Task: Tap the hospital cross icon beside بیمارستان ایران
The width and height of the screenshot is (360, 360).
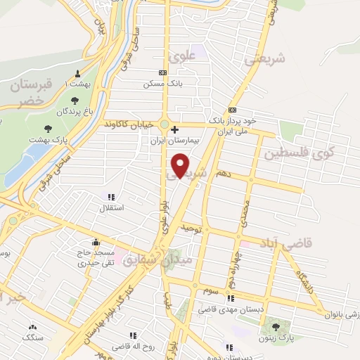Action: click(174, 130)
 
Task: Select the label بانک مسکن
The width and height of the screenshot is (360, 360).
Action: click(158, 83)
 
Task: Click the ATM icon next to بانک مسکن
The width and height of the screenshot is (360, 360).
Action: click(163, 72)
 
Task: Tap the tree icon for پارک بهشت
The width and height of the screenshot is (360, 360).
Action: click(49, 129)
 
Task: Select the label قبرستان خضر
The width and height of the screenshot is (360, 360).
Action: click(27, 93)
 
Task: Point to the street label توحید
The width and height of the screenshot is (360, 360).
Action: click(192, 229)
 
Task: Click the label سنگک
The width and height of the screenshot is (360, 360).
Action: click(32, 337)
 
